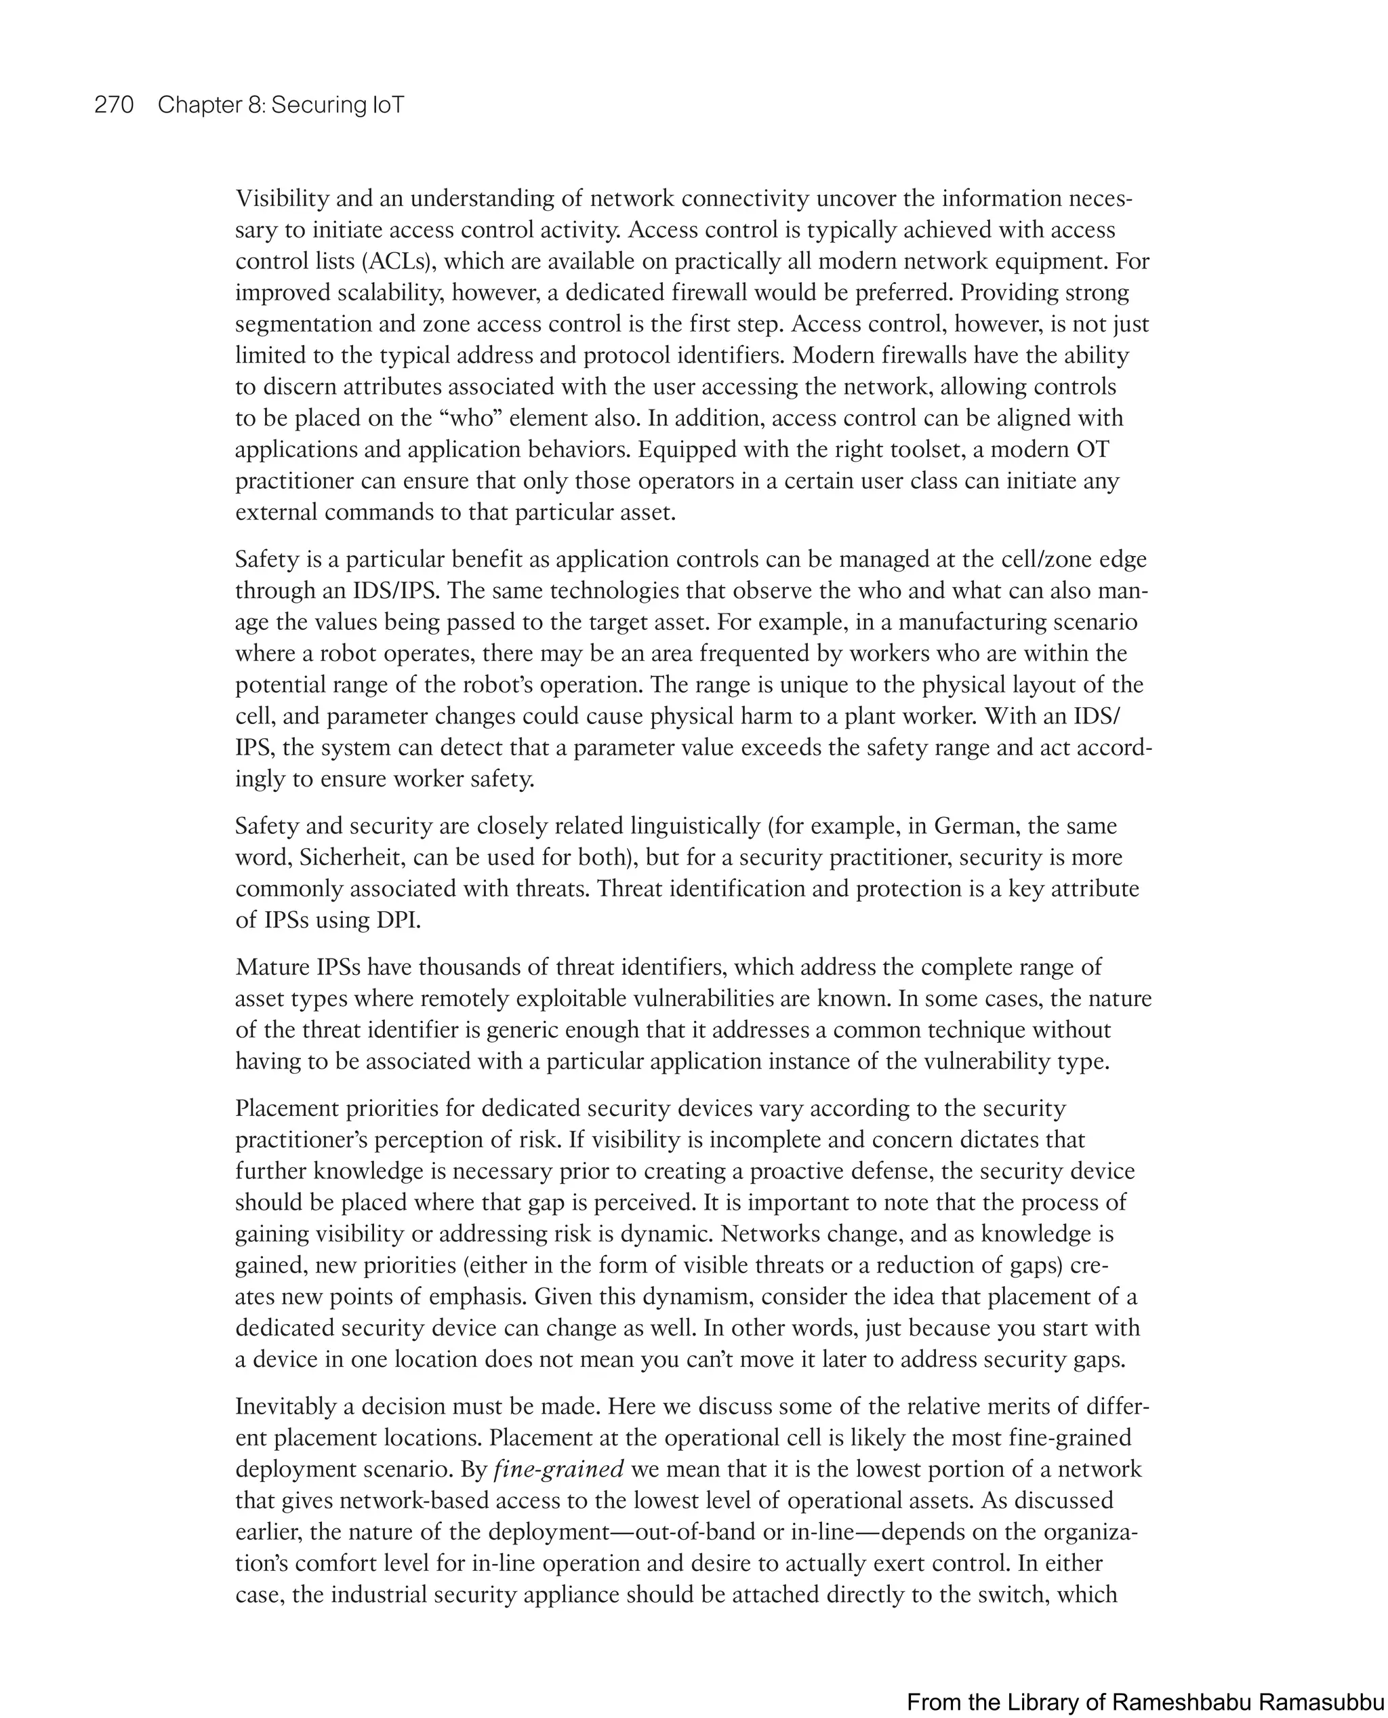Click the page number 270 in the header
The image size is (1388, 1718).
[115, 105]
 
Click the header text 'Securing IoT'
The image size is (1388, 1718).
[338, 105]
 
